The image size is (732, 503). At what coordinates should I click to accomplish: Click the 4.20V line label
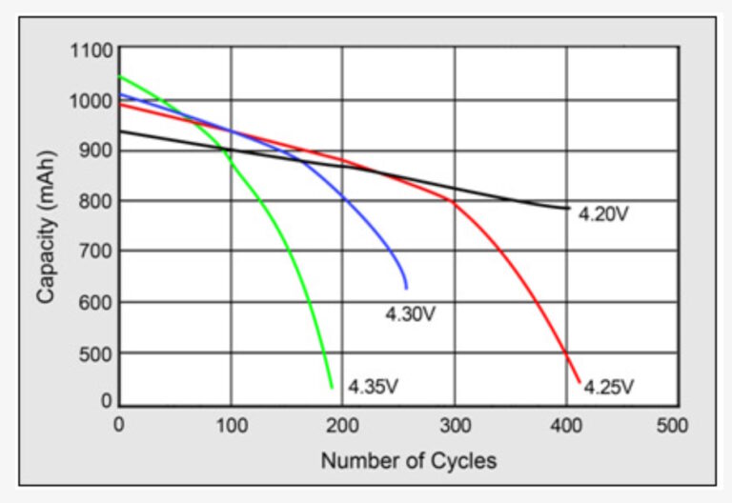(x=603, y=214)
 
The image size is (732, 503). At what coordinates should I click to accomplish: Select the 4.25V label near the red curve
(x=608, y=387)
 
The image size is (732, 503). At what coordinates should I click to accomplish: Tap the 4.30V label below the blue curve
(x=410, y=313)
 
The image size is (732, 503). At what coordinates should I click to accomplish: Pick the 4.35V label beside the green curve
(x=373, y=387)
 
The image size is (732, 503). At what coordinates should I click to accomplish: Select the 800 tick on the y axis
(x=97, y=202)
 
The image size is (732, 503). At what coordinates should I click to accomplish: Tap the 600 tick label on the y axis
(x=97, y=303)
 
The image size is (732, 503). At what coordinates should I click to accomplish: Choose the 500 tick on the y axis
(x=97, y=353)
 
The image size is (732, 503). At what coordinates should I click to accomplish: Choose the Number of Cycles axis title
(x=408, y=461)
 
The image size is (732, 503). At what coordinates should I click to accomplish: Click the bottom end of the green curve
(x=332, y=387)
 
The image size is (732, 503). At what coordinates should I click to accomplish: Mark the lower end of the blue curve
(x=406, y=288)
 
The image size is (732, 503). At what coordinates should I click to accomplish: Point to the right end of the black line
(x=569, y=208)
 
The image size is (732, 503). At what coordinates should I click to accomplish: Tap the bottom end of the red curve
(x=579, y=383)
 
